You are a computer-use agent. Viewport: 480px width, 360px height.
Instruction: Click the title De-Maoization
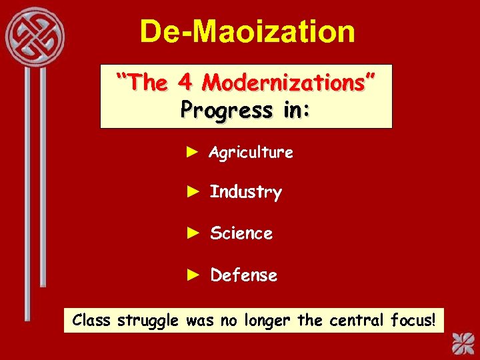pyautogui.click(x=247, y=31)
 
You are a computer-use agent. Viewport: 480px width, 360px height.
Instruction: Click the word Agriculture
pyautogui.click(x=251, y=153)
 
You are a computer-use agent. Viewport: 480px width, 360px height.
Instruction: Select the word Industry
pyautogui.click(x=245, y=193)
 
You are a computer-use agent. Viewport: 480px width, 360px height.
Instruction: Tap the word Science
pyautogui.click(x=241, y=233)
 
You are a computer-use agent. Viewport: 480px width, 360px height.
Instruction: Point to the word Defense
pyautogui.click(x=243, y=275)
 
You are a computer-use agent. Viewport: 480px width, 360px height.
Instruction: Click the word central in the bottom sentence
pyautogui.click(x=357, y=320)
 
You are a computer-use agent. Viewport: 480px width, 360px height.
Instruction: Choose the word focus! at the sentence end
pyautogui.click(x=413, y=320)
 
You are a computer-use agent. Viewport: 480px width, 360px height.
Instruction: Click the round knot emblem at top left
pyautogui.click(x=35, y=36)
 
